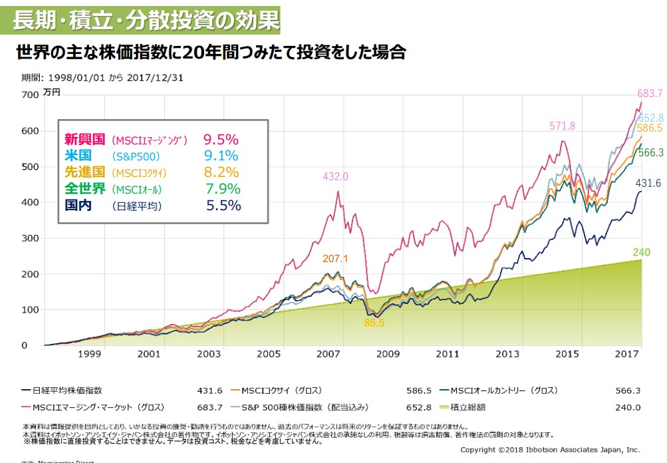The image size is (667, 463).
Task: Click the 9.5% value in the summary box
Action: tap(221, 140)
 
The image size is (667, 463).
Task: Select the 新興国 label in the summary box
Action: tap(84, 140)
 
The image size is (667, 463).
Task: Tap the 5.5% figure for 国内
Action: tap(223, 206)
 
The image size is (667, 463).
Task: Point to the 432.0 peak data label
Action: tap(335, 177)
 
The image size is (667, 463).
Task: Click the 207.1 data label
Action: tap(336, 258)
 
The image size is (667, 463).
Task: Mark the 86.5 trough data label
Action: tap(374, 323)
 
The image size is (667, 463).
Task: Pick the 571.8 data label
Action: tap(562, 126)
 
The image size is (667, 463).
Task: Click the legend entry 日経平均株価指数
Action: tap(67, 390)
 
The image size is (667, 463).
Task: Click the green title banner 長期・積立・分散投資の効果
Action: tap(145, 19)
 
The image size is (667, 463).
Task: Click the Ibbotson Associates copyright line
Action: tap(550, 449)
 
